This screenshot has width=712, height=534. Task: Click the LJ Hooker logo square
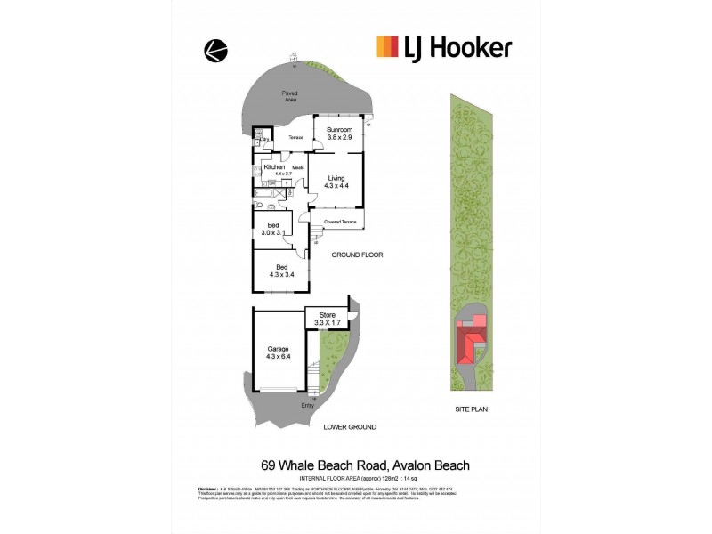click(x=387, y=46)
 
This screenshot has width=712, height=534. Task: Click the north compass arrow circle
click(x=214, y=52)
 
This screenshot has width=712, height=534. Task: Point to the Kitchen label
click(x=274, y=167)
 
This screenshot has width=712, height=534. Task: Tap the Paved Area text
click(x=289, y=96)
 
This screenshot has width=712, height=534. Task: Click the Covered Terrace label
click(x=340, y=221)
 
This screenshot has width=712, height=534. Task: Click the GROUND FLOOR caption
click(x=357, y=255)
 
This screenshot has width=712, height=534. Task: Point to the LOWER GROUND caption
click(x=350, y=427)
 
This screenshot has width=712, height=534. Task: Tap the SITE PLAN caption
click(x=470, y=409)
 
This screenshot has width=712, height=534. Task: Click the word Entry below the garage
click(x=308, y=406)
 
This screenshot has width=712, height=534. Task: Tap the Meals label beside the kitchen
click(x=298, y=166)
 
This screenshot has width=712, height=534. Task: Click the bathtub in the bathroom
click(x=266, y=191)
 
